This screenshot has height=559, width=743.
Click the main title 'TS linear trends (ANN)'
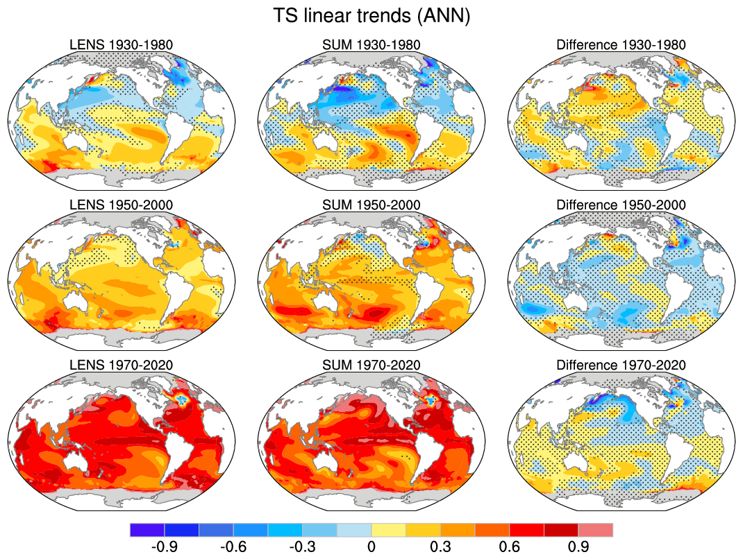(371, 16)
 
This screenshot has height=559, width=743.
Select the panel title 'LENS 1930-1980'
(122, 45)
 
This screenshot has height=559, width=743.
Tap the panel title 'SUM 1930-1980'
(371, 45)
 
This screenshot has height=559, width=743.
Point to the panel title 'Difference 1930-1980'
(621, 45)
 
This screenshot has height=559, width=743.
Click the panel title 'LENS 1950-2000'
(122, 205)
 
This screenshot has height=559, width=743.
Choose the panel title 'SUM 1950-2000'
(371, 205)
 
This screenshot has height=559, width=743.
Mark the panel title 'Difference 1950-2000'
(621, 205)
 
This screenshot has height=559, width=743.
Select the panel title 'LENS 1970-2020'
(122, 365)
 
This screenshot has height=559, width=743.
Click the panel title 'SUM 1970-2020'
(371, 365)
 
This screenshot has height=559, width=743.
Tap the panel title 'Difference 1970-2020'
(621, 365)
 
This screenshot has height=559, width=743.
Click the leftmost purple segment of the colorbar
(147, 530)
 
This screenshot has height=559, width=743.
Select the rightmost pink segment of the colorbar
(596, 530)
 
